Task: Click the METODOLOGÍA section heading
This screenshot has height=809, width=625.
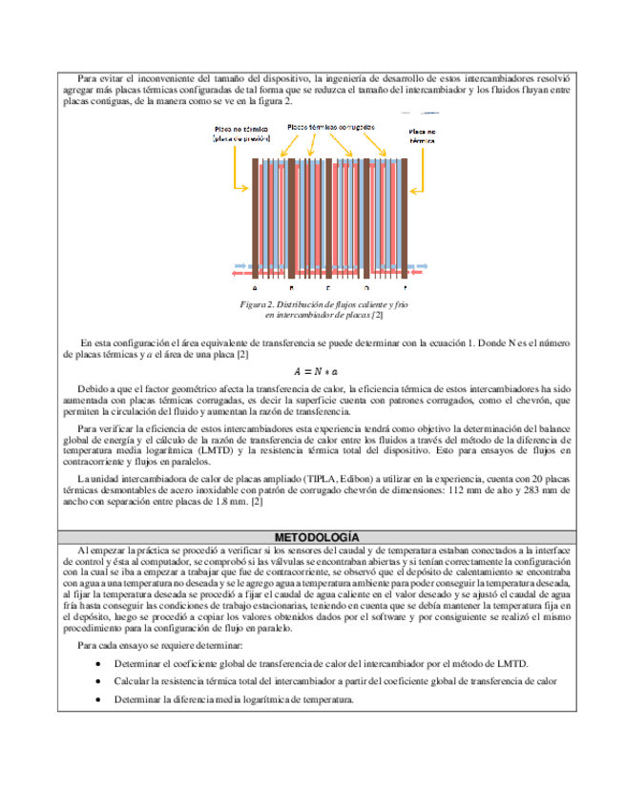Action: (x=312, y=537)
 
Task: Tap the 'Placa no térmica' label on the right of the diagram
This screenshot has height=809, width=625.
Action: (x=423, y=135)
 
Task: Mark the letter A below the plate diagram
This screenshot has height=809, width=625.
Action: (x=255, y=287)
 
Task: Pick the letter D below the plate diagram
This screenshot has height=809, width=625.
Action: (x=366, y=287)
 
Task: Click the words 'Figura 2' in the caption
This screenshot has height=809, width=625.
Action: (x=258, y=304)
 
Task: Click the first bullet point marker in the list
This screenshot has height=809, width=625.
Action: (x=100, y=664)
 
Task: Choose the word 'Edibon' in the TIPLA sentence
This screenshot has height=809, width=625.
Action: (x=334, y=477)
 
